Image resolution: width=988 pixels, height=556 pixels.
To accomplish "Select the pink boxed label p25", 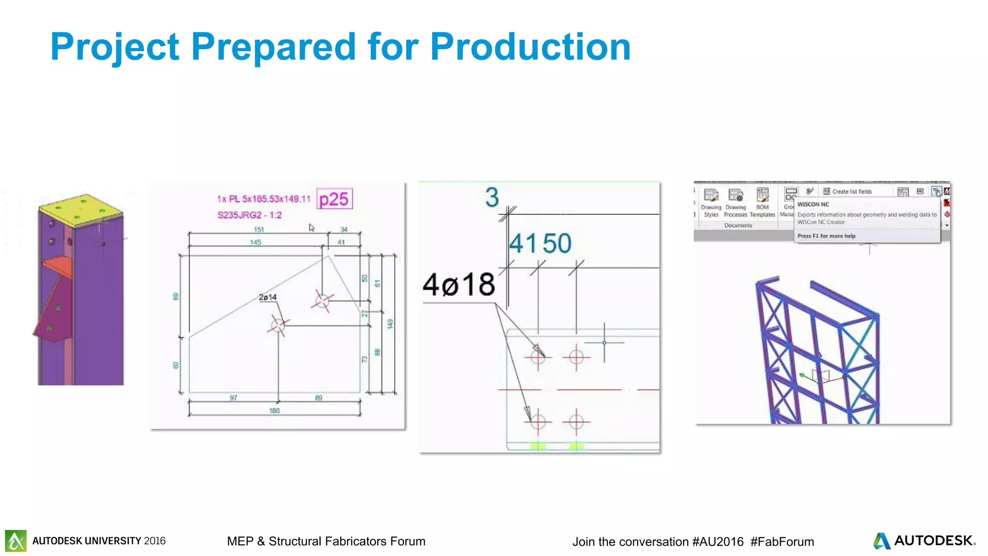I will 334,199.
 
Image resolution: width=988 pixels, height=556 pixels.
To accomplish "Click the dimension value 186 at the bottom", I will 274,411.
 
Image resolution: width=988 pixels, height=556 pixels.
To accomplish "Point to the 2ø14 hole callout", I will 268,297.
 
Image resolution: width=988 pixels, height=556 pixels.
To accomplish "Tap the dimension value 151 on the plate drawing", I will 259,229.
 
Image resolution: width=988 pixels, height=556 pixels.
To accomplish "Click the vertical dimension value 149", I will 390,324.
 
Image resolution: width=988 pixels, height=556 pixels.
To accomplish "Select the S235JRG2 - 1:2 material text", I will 249,215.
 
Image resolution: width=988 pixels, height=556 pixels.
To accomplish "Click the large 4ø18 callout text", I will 458,284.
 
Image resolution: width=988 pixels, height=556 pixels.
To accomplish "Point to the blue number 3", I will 492,197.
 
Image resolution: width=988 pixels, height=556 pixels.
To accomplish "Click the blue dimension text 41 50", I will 540,243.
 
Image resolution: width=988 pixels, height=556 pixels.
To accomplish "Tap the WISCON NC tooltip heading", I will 813,204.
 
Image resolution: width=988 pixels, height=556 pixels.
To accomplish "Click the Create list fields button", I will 847,192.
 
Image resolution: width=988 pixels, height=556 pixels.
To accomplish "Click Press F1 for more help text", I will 826,236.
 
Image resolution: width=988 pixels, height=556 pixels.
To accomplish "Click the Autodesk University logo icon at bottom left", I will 16,541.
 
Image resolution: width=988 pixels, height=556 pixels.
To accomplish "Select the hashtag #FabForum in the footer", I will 782,542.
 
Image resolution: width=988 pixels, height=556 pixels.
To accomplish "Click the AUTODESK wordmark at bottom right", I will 933,541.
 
